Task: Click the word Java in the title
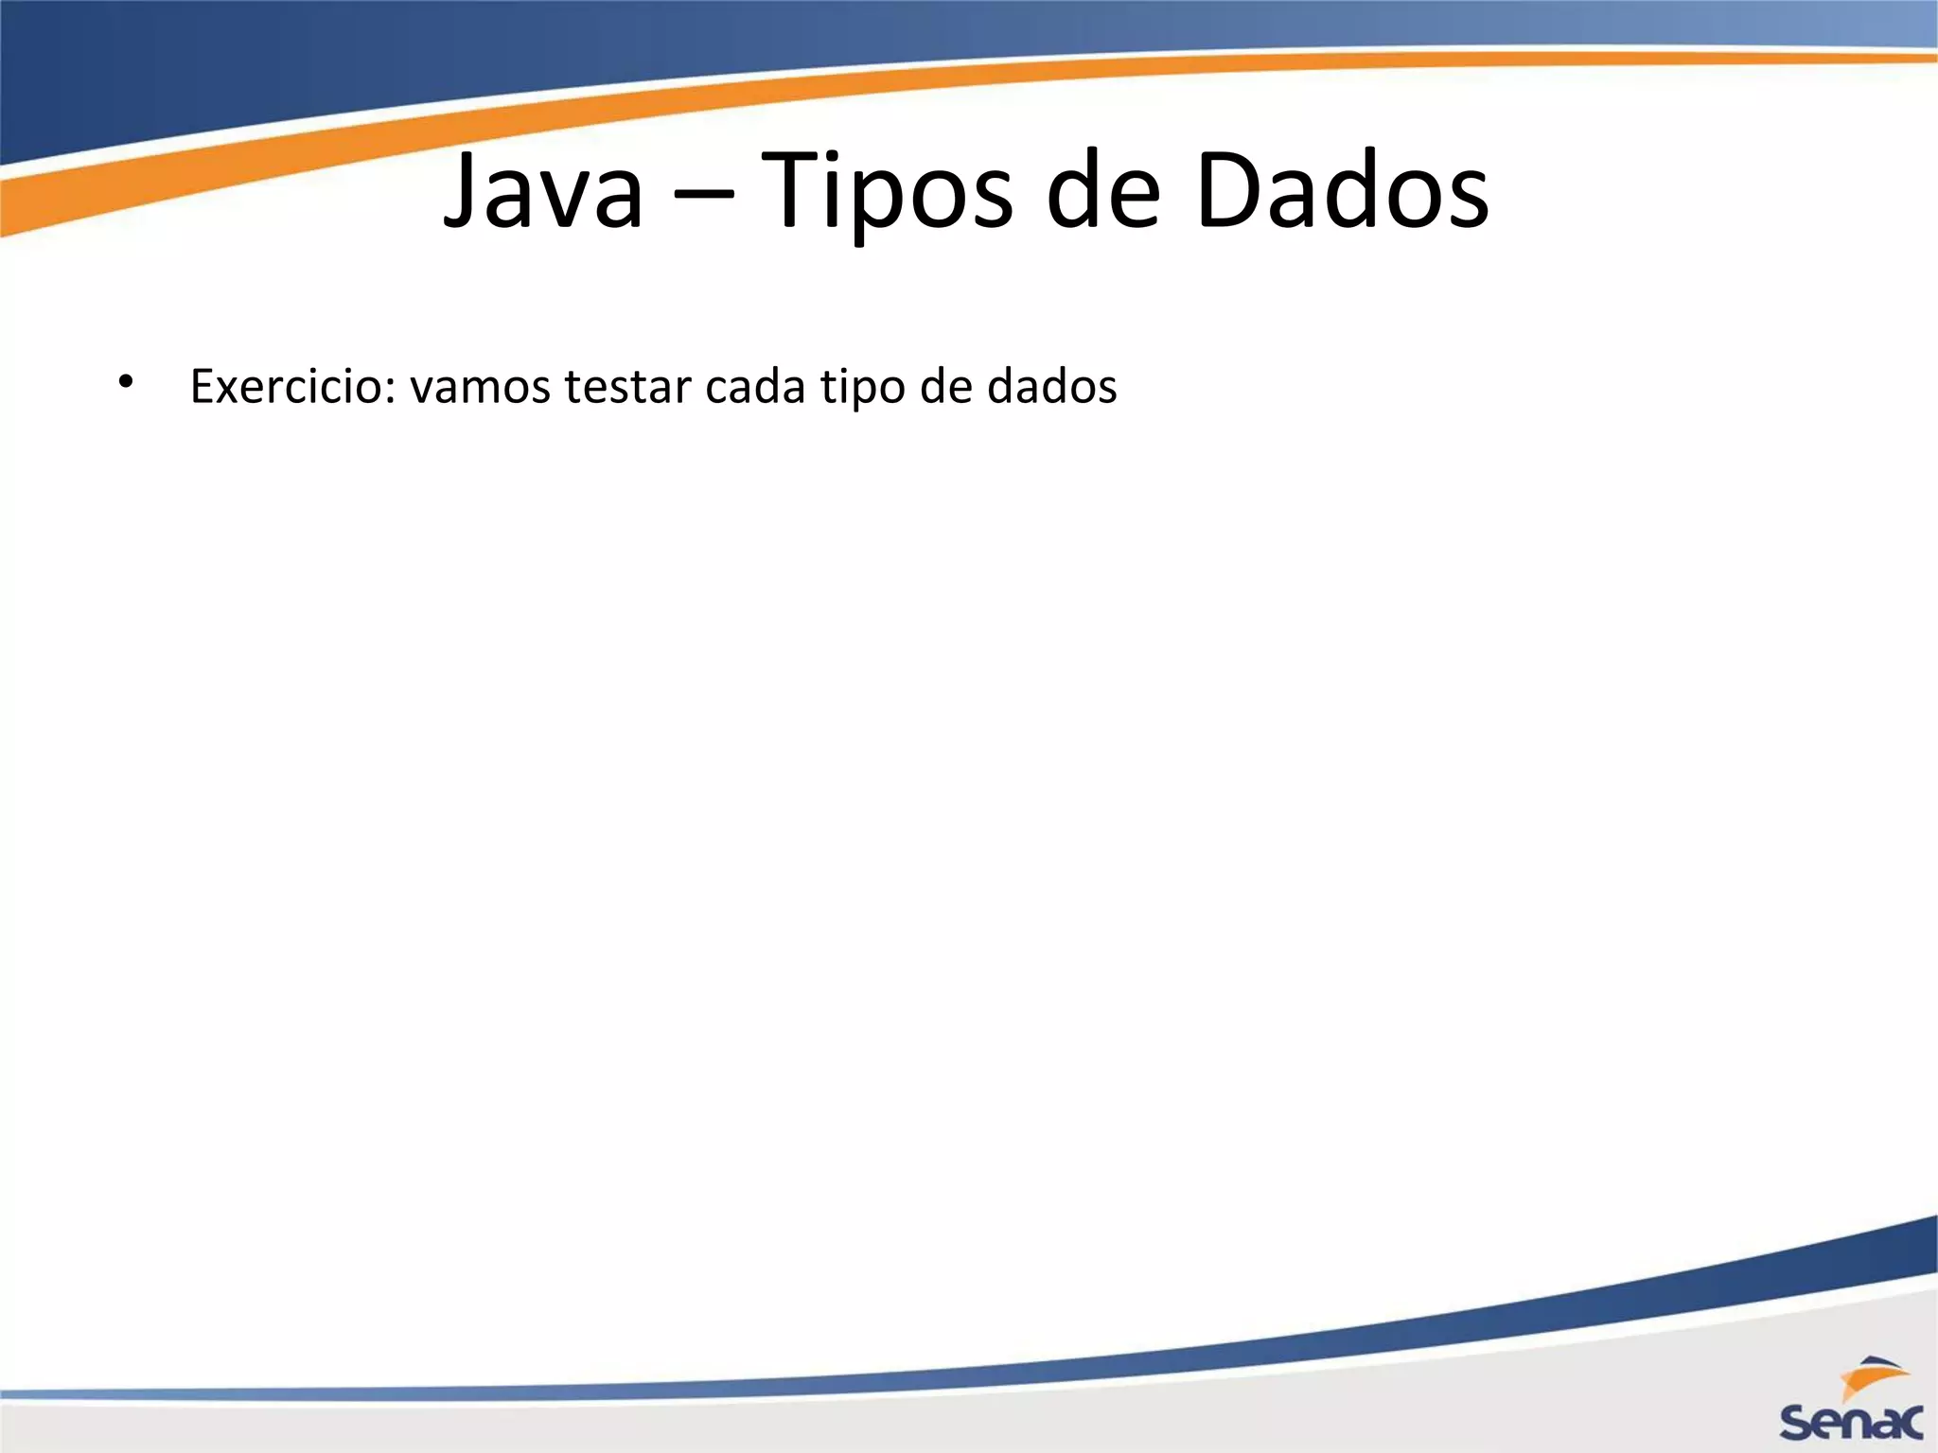click(543, 192)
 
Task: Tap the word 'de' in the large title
click(1103, 192)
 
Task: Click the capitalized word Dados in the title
click(1342, 192)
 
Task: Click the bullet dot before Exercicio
click(125, 382)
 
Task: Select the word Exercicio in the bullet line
click(292, 386)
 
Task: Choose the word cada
click(755, 386)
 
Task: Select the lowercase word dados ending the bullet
click(1051, 386)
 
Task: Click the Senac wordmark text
click(1851, 1422)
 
